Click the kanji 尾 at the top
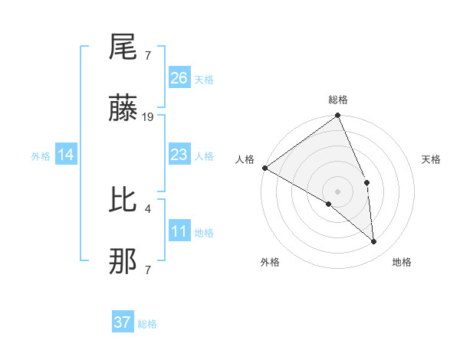click(123, 50)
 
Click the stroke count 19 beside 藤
click(148, 117)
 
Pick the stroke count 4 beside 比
click(147, 207)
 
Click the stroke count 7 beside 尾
click(147, 55)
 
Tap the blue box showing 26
click(179, 78)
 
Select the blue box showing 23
click(179, 155)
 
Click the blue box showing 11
click(179, 232)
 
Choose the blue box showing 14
click(66, 155)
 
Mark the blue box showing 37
click(123, 322)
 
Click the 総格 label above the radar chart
click(338, 100)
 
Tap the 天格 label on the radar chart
click(431, 159)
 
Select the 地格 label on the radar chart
click(402, 262)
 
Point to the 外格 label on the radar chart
click(270, 262)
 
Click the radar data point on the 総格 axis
click(338, 116)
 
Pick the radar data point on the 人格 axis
click(264, 168)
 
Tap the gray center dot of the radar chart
click(338, 191)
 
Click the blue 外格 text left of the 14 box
click(41, 156)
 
